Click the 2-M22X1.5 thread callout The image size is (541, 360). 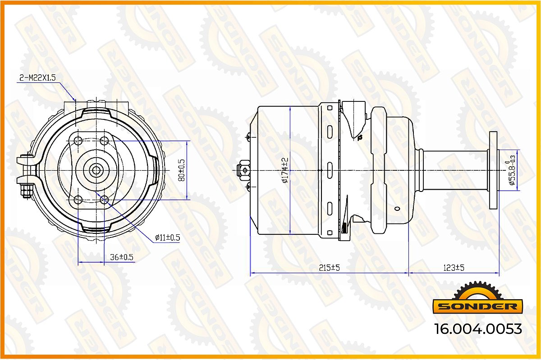37,77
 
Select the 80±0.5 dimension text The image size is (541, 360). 181,170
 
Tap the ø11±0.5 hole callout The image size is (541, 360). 168,237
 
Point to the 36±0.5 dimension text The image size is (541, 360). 122,257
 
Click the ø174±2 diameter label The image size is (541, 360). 285,170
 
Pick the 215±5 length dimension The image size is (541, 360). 329,268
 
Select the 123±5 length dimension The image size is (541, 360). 454,268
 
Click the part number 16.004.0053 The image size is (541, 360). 478,329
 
